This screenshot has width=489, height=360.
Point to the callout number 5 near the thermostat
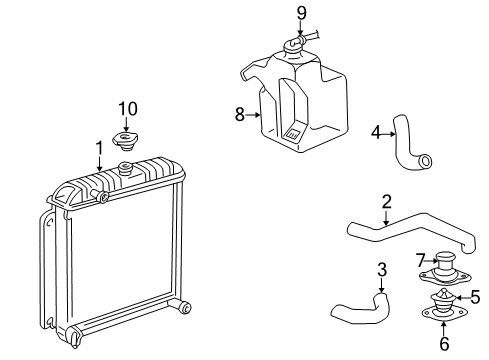476,297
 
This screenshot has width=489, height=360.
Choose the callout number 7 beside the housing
421,259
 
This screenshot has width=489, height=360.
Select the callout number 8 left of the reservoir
240,115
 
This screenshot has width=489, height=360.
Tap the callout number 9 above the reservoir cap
300,13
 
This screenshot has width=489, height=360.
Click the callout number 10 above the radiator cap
125,108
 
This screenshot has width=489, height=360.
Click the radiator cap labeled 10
126,138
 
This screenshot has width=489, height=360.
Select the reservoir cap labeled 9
296,45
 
